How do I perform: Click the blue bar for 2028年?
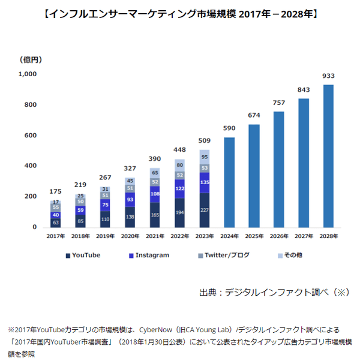pos(328,156)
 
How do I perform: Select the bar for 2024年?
pos(229,182)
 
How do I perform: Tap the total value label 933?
pos(328,76)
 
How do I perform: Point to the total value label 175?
pos(55,192)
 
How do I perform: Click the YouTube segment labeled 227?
pos(205,210)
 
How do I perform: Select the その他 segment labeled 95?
pos(205,157)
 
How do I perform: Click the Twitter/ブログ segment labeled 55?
pos(55,207)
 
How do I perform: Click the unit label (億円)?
pos(31,59)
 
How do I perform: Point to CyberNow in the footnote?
pos(156,329)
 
